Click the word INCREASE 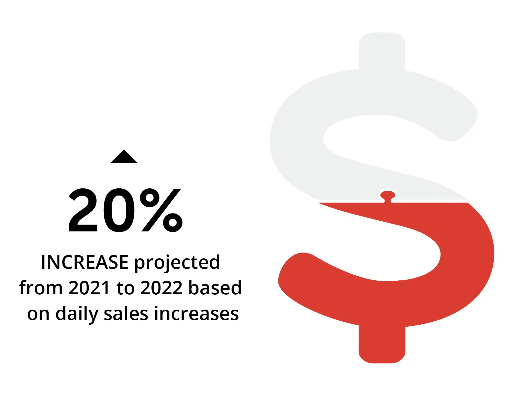coord(85,262)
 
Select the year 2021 coord(89,288)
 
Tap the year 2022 coord(161,288)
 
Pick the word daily coord(77,314)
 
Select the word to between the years coord(125,288)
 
